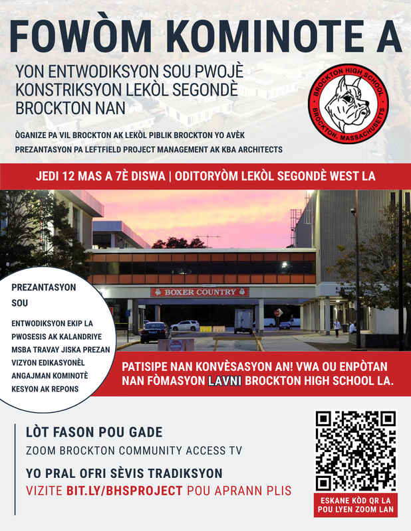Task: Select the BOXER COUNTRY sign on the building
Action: (200, 292)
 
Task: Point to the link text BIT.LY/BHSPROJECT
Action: (124, 491)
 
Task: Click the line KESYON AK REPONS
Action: (44, 388)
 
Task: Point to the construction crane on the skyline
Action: (207, 238)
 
